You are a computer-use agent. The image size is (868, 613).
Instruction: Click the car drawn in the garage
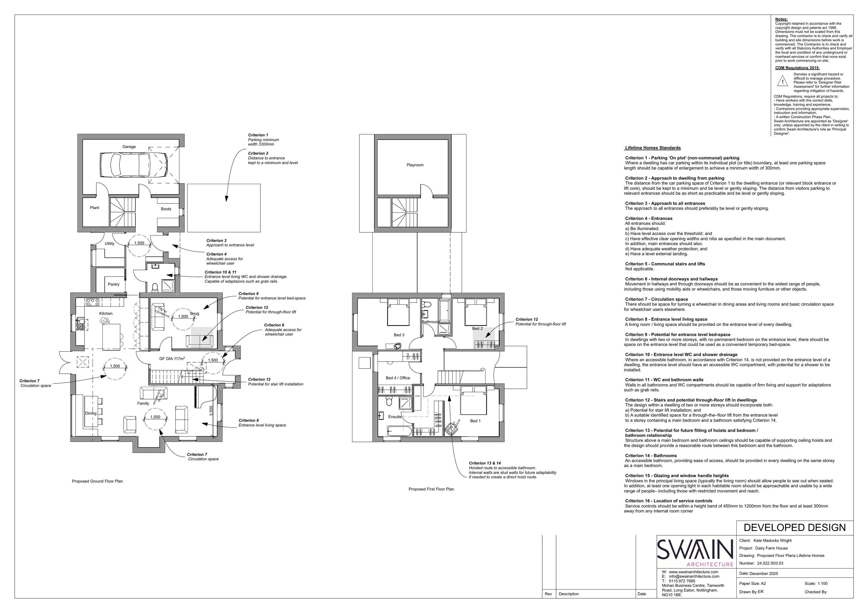click(133, 165)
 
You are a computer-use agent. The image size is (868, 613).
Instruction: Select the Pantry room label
click(113, 284)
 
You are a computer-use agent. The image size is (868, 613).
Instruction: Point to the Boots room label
click(166, 209)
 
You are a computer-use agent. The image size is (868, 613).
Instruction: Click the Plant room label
click(95, 208)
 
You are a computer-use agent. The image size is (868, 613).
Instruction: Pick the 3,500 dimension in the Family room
click(211, 411)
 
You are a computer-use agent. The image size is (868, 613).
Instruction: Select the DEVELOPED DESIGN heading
click(795, 528)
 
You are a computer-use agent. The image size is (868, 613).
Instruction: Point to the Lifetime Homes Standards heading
click(653, 148)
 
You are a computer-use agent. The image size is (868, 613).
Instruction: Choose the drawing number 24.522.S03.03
click(770, 563)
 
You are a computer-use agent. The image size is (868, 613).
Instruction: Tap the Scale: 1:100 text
click(816, 584)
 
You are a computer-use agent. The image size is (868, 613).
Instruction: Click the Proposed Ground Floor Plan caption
click(98, 481)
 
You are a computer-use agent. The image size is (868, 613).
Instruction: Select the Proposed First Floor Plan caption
click(431, 489)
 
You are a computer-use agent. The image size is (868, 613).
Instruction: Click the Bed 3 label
click(399, 335)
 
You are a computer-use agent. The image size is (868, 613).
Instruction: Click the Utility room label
click(110, 244)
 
